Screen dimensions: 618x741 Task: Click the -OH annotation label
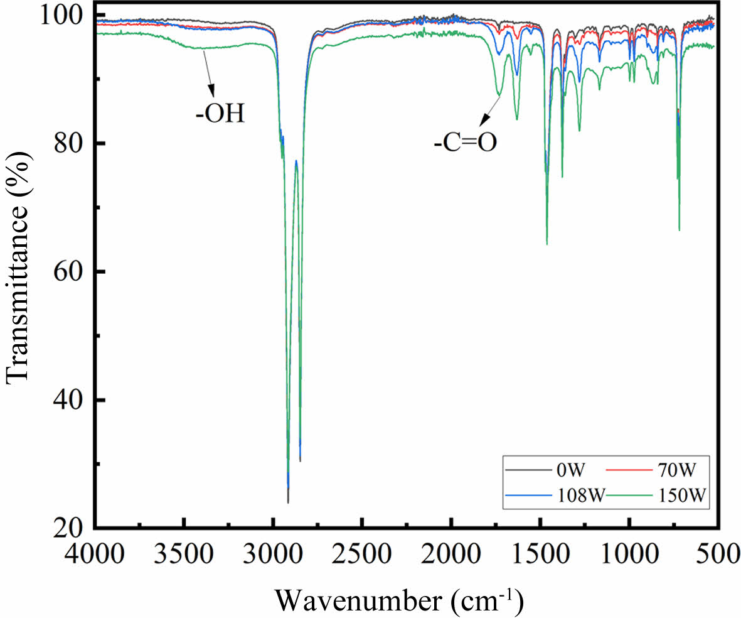click(x=219, y=115)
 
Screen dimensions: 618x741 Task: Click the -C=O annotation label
click(x=465, y=143)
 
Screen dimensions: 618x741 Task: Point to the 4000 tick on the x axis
click(x=95, y=555)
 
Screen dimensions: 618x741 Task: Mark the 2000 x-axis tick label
click(x=451, y=555)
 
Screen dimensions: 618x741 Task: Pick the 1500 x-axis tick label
click(x=540, y=555)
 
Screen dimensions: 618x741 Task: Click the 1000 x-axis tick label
click(x=629, y=555)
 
